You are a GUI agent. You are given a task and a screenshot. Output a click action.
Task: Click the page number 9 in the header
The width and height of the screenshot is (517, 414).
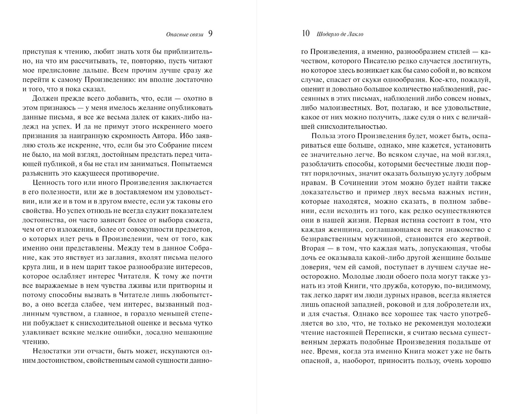210,34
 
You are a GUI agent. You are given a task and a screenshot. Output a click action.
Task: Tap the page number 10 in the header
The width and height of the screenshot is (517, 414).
306,34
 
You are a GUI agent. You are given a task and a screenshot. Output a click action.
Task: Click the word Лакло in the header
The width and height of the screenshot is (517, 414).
356,34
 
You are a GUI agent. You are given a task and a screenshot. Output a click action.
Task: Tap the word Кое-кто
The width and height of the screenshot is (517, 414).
441,80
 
